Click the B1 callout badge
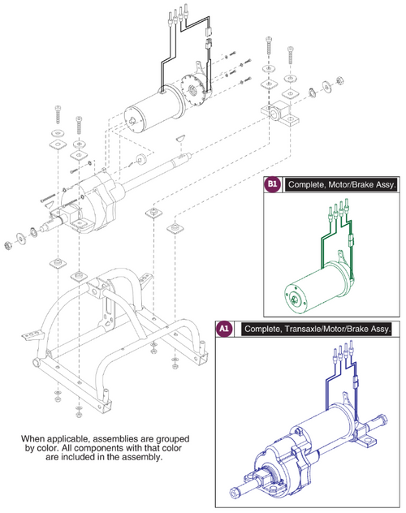tap(273, 186)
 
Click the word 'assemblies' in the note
tap(133, 438)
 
